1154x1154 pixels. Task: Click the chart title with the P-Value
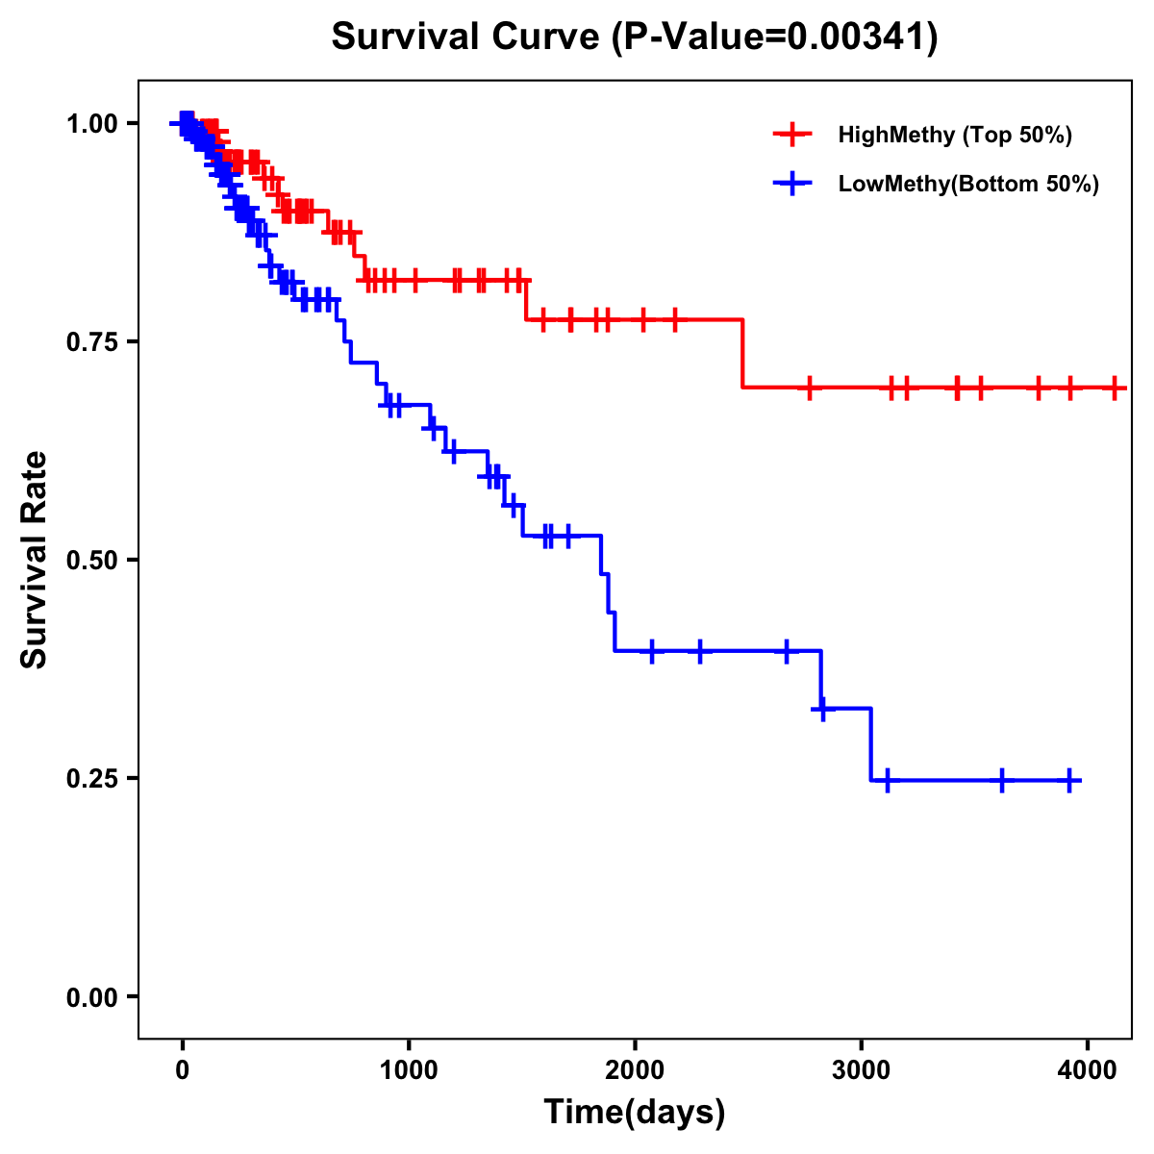tap(634, 37)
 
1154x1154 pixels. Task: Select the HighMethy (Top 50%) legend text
tap(954, 135)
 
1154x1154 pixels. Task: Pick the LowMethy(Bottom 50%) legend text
tap(968, 184)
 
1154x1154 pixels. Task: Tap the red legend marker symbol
tap(792, 135)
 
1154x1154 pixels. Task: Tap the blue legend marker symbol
tap(792, 184)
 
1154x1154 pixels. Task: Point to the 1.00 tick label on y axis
tap(91, 124)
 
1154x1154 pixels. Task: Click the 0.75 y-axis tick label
tap(91, 342)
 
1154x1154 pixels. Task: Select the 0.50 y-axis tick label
tap(91, 561)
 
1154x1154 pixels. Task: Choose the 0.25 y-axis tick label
tap(91, 779)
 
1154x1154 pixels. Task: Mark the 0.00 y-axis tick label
tap(91, 997)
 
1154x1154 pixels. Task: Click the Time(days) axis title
tap(635, 1113)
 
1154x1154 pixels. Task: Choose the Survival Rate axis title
tap(35, 560)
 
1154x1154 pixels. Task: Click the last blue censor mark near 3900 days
tap(1068, 780)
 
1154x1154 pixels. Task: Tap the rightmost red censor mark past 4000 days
tap(1114, 388)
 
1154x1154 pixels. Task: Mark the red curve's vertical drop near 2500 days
tap(742, 353)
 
